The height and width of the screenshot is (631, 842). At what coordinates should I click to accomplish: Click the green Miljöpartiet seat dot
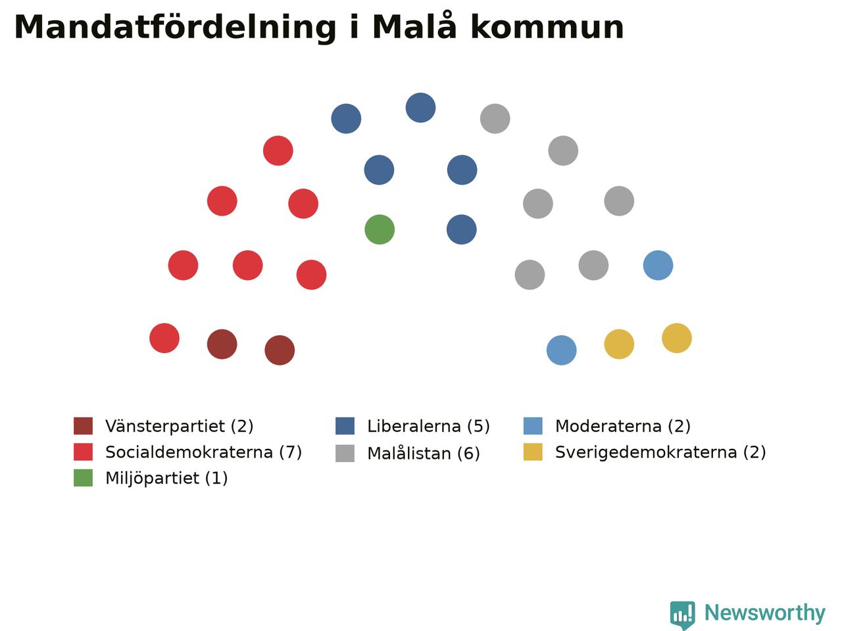380,229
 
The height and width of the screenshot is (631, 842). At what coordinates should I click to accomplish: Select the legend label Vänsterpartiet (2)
179,426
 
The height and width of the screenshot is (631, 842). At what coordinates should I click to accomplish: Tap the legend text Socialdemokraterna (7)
203,452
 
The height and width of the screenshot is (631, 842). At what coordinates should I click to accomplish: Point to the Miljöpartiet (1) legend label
166,478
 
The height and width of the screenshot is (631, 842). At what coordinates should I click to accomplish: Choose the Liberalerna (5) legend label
428,426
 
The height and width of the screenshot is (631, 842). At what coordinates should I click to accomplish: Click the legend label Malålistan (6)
424,454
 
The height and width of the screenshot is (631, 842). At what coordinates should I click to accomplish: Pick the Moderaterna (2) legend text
622,426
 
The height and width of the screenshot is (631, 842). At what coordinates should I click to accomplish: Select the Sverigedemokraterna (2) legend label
660,452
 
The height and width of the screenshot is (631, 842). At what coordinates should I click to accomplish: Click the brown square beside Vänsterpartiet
84,426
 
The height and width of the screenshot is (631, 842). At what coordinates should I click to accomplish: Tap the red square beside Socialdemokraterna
84,452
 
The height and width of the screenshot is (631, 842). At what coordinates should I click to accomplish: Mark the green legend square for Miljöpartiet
84,478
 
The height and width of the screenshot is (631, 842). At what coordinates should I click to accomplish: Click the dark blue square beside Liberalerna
345,426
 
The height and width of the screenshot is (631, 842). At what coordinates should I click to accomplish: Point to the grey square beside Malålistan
345,454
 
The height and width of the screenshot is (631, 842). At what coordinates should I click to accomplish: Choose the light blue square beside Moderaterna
533,426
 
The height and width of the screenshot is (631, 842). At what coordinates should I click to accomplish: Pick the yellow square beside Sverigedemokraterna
533,452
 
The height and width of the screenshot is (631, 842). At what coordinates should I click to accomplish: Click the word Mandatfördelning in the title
175,28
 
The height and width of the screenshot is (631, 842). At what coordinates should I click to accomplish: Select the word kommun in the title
547,28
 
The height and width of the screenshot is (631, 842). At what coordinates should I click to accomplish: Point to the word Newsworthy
765,613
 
